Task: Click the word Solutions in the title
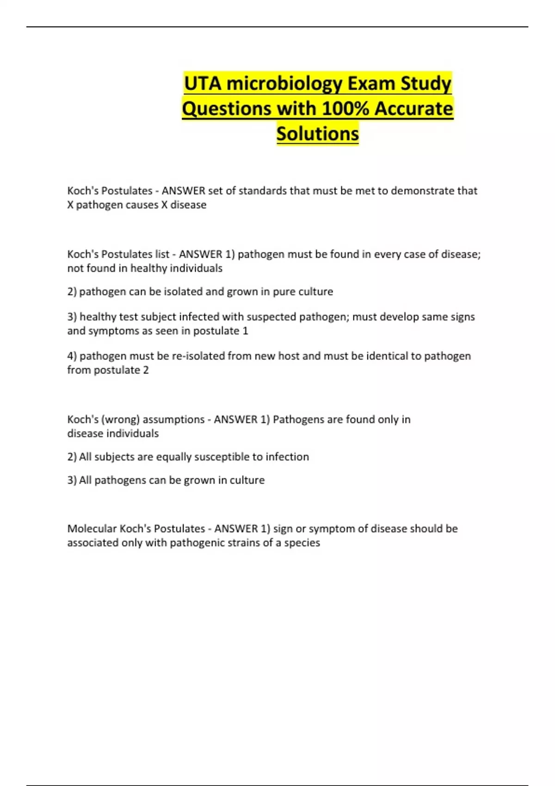point(318,134)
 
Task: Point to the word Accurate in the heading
point(414,109)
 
